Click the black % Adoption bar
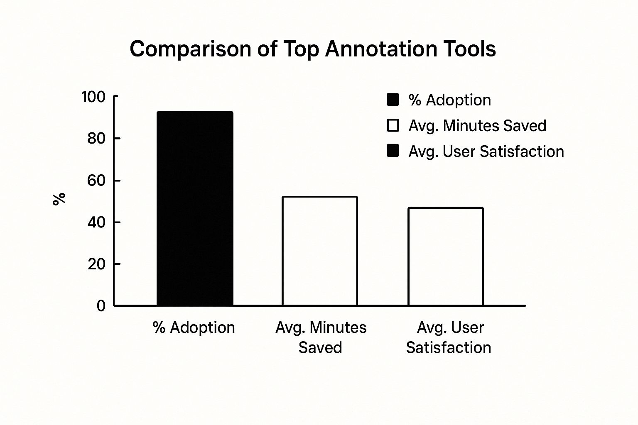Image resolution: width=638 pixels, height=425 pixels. [x=195, y=209]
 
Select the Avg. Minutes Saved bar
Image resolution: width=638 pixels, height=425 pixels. [x=319, y=251]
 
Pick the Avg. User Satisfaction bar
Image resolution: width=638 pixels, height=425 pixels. [x=446, y=256]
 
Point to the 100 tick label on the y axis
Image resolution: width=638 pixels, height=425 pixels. [x=93, y=97]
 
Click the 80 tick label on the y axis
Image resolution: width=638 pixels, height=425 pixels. [x=96, y=139]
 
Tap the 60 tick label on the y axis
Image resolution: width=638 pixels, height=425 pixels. [x=96, y=181]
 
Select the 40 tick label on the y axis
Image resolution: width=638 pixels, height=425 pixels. [x=96, y=222]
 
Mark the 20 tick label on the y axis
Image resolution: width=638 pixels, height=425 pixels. [x=96, y=264]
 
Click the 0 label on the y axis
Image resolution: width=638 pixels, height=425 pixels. [x=101, y=306]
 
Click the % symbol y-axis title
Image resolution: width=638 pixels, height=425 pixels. [x=59, y=199]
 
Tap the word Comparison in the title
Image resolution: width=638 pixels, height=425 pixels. [x=191, y=49]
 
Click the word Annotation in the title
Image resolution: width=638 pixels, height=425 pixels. [x=381, y=49]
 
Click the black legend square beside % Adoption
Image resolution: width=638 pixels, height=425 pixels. [x=393, y=100]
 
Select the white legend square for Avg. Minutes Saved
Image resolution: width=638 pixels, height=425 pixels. [x=393, y=125]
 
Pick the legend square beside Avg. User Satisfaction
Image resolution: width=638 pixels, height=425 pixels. [x=393, y=151]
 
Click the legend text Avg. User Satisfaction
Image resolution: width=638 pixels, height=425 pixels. [x=486, y=151]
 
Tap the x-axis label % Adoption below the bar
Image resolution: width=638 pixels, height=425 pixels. [x=194, y=327]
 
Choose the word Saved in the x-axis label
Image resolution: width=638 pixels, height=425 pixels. [x=320, y=347]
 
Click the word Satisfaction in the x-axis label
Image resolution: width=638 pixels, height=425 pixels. [x=449, y=347]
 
